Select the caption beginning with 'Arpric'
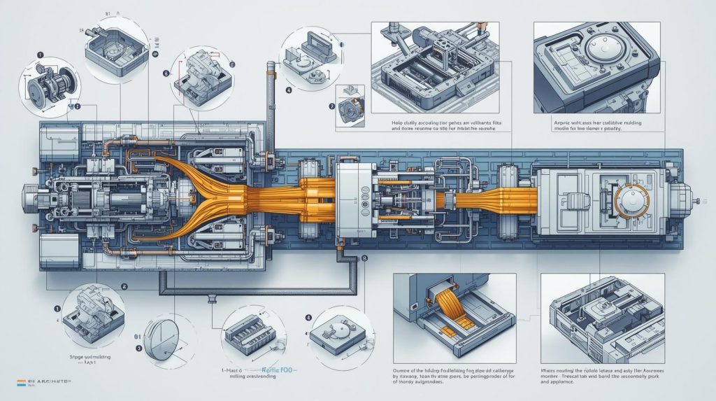tap(587, 125)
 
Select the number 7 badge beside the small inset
tap(331, 107)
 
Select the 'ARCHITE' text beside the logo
tap(50, 381)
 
